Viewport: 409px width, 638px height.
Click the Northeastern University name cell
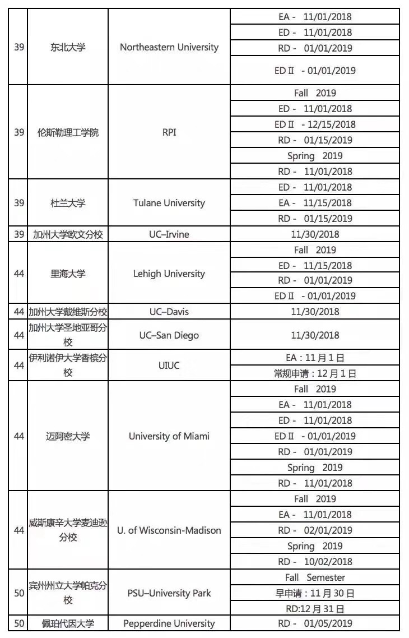169,47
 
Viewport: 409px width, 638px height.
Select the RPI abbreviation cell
169,133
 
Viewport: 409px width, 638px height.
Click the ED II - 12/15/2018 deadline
315,124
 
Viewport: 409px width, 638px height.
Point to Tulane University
169,203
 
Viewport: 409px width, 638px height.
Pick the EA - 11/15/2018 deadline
315,203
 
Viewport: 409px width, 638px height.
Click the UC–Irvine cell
169,234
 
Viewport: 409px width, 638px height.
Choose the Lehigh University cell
169,274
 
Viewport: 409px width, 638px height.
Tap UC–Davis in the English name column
169,312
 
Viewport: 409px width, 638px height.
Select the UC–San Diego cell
169,335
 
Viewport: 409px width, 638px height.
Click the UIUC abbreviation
169,366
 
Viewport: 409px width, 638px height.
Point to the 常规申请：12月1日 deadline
315,373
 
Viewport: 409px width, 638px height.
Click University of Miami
169,436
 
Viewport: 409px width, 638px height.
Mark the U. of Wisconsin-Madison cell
169,530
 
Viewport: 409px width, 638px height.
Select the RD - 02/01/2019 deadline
315,530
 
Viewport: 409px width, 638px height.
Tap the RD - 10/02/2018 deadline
315,562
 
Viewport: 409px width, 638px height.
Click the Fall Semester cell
315,577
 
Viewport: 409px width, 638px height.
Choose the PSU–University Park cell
169,593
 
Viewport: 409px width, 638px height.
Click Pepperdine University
169,623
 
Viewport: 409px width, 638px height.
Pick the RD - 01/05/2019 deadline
315,623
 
